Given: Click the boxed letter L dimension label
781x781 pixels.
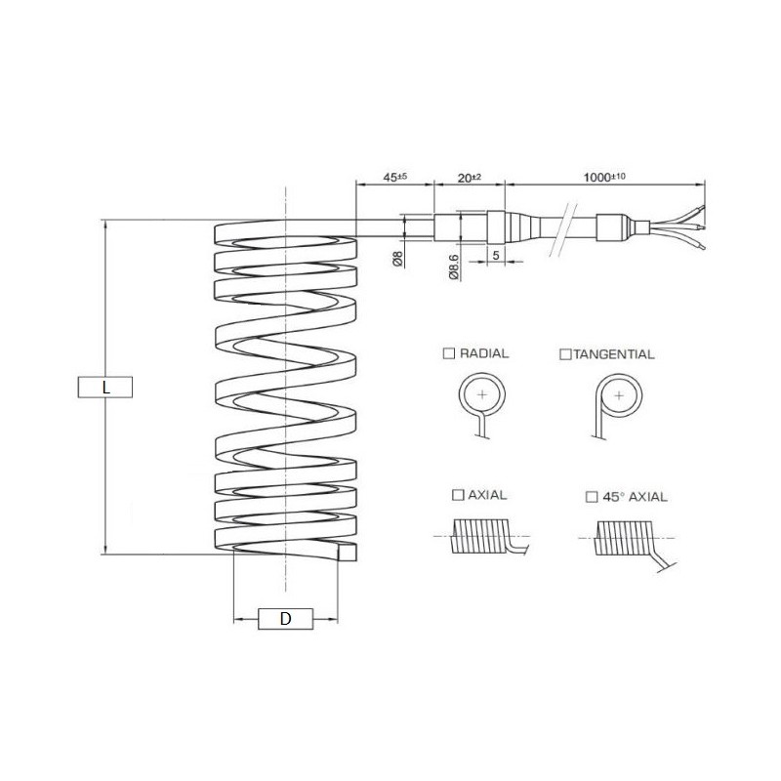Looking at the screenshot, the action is click(105, 387).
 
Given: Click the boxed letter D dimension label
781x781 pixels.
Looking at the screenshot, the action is click(285, 619).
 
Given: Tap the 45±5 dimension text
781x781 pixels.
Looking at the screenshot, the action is click(395, 177).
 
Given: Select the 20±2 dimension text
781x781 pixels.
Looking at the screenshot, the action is click(470, 178).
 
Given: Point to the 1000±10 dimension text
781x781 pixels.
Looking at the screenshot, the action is click(604, 177).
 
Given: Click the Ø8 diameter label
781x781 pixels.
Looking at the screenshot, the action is click(397, 259).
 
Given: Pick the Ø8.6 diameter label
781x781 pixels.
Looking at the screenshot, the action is click(454, 267).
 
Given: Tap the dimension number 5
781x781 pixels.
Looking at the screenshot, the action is click(496, 255).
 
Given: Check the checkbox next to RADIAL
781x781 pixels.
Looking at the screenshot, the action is click(449, 353).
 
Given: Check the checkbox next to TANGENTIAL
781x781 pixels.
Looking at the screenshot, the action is click(565, 354).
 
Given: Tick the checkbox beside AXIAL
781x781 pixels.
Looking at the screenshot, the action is click(458, 495).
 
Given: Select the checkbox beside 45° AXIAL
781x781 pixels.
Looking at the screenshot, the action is click(592, 497).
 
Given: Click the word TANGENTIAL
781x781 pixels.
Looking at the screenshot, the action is click(614, 354).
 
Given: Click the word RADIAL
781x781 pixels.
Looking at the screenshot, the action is click(484, 353).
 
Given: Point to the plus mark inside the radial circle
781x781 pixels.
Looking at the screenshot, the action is click(482, 395).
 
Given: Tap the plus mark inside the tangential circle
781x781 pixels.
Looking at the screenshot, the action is click(619, 396).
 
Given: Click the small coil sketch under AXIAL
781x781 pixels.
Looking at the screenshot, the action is click(480, 536).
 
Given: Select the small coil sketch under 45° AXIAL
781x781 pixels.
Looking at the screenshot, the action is click(628, 543).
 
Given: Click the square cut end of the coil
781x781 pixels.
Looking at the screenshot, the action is click(348, 552).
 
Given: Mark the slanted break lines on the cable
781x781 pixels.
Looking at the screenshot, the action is click(563, 229).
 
